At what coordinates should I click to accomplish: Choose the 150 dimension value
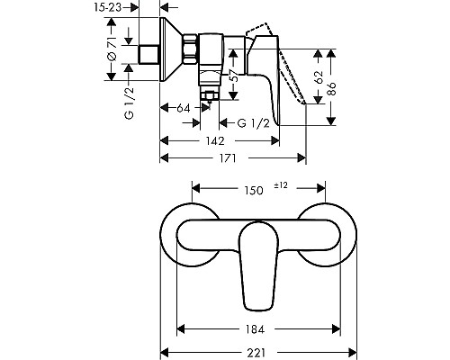pyautogui.click(x=255, y=190)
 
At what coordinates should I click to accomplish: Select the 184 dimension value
pyautogui.click(x=254, y=328)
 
